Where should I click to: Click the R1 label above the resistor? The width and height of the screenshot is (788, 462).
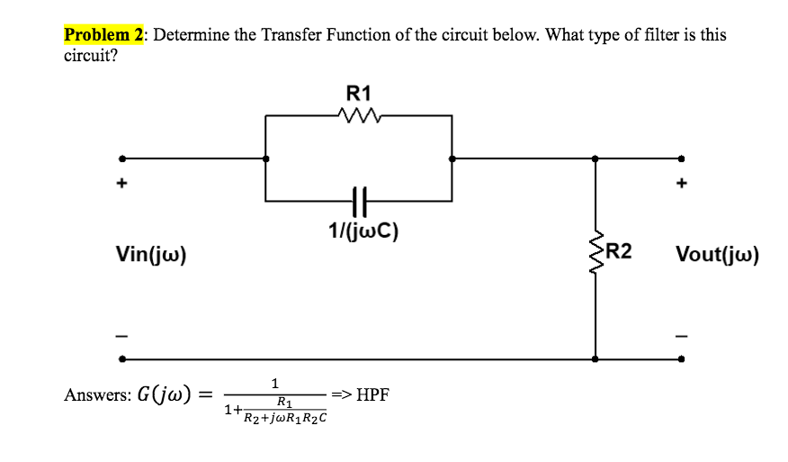(x=358, y=93)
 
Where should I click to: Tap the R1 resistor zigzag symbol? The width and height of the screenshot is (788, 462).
(x=358, y=114)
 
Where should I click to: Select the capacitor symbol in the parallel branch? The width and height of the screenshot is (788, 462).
(x=358, y=199)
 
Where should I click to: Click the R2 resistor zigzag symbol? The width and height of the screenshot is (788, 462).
(x=595, y=254)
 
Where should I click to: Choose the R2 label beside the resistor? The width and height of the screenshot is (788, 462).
(x=620, y=251)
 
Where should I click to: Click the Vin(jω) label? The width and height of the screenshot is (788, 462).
(x=151, y=255)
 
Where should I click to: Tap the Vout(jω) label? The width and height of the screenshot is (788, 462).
(x=717, y=255)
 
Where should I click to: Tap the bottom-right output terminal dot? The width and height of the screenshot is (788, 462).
(x=682, y=358)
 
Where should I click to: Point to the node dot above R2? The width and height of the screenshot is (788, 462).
(x=595, y=158)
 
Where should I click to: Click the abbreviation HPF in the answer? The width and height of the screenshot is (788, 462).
(x=372, y=394)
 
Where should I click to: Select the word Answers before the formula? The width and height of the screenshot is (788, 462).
(x=94, y=395)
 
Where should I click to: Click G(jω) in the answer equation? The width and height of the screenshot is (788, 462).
(x=164, y=395)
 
